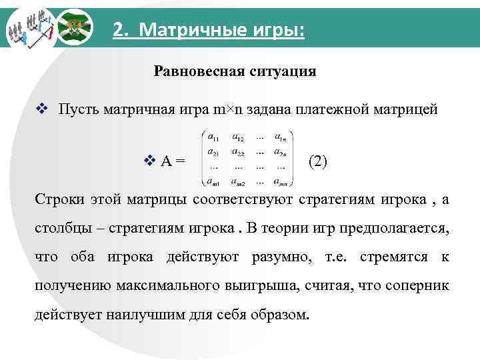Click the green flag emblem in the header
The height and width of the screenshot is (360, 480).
[x=73, y=27]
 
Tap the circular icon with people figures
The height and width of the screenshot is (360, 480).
[x=28, y=29]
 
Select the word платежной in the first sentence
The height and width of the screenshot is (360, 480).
[x=333, y=109]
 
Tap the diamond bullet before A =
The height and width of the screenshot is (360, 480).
[x=149, y=161]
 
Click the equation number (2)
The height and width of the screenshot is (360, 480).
[x=317, y=161]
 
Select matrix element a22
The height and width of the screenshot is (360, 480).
[x=239, y=152]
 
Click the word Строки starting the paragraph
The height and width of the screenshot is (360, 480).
[x=57, y=199]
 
